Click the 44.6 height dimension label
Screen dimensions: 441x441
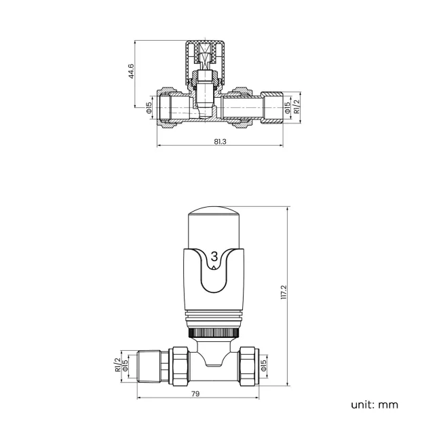(131, 72)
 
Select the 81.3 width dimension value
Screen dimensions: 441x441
(219, 141)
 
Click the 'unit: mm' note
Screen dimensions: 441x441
(375, 405)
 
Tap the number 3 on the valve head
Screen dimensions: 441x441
(214, 256)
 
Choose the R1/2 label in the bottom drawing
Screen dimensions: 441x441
(117, 365)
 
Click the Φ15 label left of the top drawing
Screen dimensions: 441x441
(149, 107)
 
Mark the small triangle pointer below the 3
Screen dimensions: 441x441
(214, 268)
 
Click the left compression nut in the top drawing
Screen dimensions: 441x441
(167, 107)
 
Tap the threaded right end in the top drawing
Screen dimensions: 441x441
(271, 107)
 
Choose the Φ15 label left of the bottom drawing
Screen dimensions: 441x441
(125, 365)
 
